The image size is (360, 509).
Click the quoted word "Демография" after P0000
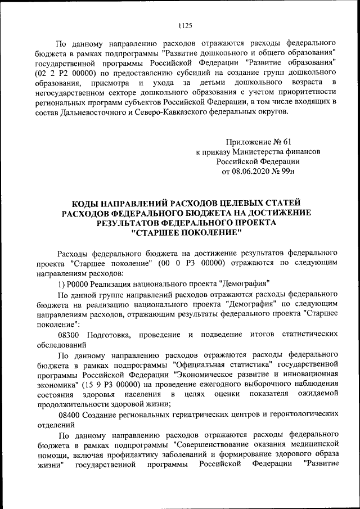click(x=247, y=283)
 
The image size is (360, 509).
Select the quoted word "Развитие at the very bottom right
click(x=320, y=464)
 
